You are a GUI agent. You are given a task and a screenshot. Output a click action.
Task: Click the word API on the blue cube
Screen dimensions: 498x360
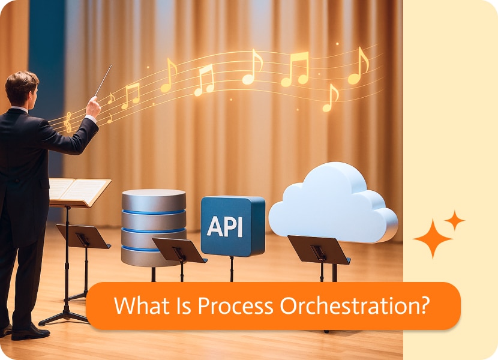[225, 226]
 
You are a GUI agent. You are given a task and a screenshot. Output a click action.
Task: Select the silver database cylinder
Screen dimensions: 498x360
[154, 227]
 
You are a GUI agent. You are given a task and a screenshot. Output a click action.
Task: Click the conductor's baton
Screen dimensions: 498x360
[103, 80]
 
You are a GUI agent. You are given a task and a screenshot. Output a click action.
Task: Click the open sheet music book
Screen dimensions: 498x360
[79, 191]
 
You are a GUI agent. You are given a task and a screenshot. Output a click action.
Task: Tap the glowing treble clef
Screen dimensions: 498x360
[68, 122]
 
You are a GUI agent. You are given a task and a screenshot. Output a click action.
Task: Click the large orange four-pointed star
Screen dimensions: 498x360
[433, 239]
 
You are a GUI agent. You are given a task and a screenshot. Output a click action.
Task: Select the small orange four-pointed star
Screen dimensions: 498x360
[455, 220]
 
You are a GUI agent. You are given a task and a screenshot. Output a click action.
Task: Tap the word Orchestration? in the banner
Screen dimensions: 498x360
[355, 305]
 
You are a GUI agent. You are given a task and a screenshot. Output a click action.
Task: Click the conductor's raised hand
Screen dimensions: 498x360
[93, 107]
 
